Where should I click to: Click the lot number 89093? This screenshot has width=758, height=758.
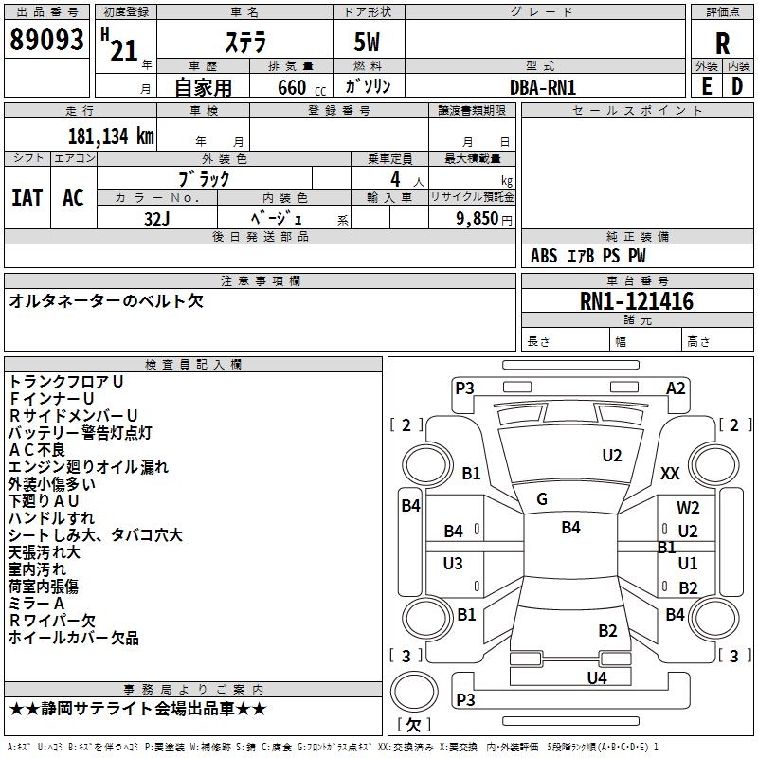pos(46,40)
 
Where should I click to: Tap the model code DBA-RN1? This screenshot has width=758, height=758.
pos(543,87)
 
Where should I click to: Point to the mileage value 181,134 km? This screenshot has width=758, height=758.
pos(111,136)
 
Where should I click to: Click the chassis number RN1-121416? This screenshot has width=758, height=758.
pos(637,300)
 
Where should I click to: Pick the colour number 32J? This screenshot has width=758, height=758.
pos(156,219)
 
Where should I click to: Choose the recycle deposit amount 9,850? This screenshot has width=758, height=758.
pos(477,219)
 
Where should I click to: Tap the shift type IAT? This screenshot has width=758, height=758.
pos(27,198)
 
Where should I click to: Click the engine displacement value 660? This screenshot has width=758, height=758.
pos(292,87)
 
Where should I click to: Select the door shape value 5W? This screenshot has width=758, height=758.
pos(368,42)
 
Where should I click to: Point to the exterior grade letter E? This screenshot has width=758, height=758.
pos(706,86)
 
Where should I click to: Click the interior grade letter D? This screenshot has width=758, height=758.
pos(737,86)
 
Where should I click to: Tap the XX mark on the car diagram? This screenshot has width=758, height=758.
pos(670,473)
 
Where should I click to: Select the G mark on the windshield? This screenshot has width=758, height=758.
pos(542,499)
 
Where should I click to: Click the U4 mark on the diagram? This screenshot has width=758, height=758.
pos(597,677)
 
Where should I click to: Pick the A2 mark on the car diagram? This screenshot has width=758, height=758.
pos(676,388)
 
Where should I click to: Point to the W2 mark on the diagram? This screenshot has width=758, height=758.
pos(688,507)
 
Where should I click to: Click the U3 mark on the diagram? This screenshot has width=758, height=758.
pos(453,563)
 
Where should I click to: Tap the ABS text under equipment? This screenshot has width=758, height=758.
pos(544,256)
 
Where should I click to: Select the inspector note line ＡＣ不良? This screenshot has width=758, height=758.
pos(37,449)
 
